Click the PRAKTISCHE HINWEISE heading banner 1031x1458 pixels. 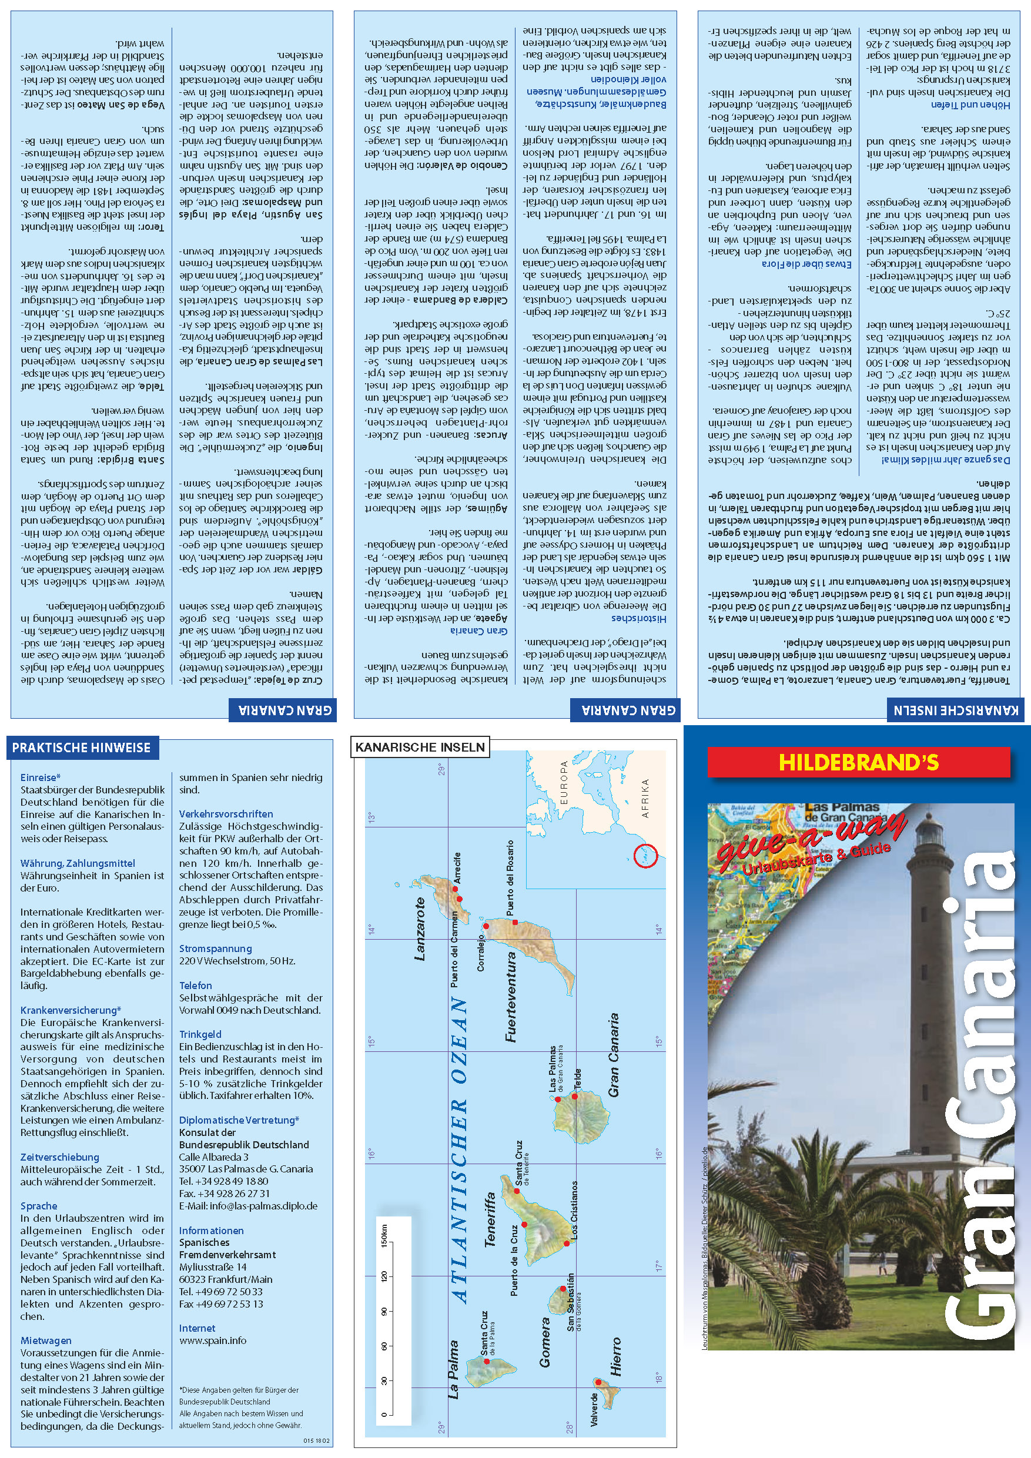81,748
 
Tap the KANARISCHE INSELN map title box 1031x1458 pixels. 420,748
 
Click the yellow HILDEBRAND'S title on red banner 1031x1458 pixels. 858,762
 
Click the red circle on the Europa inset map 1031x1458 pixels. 645,857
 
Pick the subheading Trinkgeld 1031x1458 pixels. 200,1034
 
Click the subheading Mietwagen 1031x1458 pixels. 46,1340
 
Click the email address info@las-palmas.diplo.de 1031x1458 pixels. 247,1206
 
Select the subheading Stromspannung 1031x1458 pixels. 215,948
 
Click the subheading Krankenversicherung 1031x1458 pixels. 70,1010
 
